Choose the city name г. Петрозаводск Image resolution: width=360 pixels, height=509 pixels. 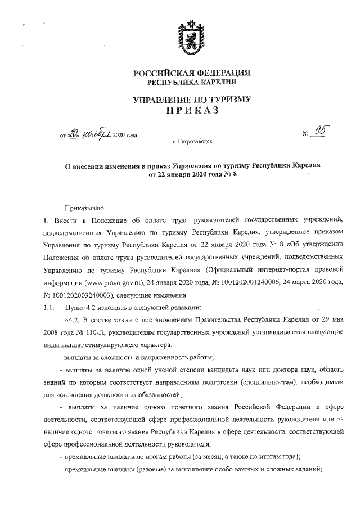click(192, 143)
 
